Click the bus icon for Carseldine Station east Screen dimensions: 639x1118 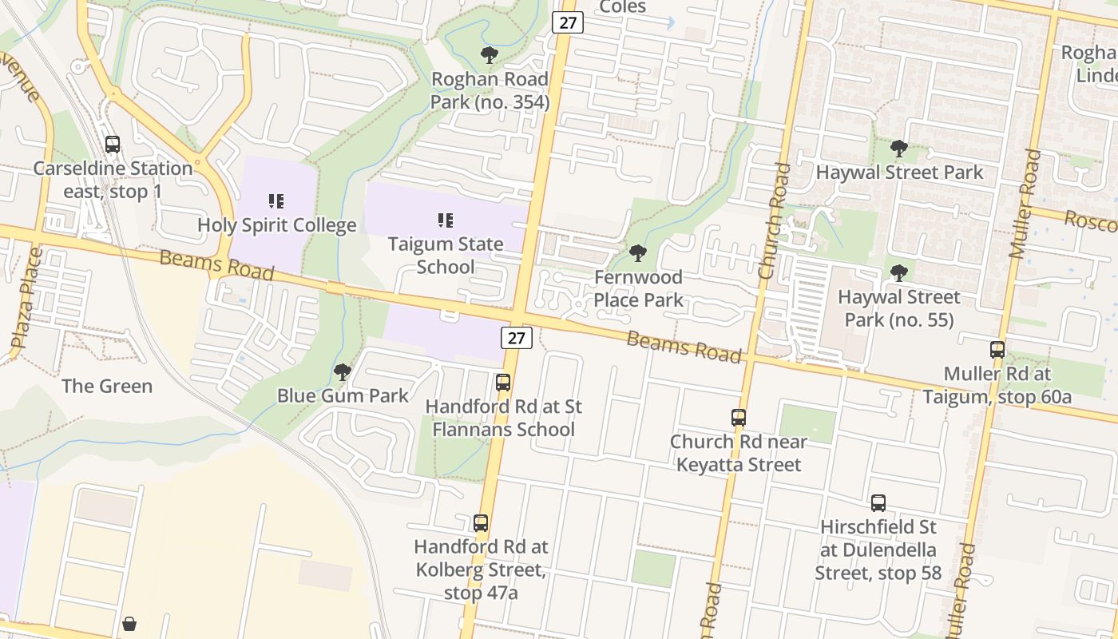click(x=113, y=145)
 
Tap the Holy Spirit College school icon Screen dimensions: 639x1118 click(x=276, y=201)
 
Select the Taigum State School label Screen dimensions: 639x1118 click(x=446, y=255)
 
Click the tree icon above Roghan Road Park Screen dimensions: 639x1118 click(x=490, y=55)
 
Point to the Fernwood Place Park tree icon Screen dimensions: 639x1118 click(x=637, y=253)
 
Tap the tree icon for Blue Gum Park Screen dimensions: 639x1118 click(x=343, y=371)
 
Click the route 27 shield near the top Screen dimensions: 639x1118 click(x=567, y=22)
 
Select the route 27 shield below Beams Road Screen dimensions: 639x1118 click(x=517, y=338)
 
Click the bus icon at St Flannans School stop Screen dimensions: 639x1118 click(x=503, y=382)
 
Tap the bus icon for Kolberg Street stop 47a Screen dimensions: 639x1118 click(x=481, y=523)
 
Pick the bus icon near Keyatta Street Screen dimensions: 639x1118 click(x=739, y=417)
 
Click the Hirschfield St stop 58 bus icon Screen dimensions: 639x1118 click(x=878, y=503)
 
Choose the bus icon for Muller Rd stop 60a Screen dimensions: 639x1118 click(x=997, y=349)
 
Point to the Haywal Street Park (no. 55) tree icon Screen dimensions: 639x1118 click(x=899, y=273)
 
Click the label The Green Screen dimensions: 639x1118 click(x=107, y=386)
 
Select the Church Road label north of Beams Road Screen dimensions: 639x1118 click(x=775, y=221)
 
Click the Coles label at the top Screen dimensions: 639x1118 click(x=622, y=7)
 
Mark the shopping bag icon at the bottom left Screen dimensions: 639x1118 click(x=129, y=623)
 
